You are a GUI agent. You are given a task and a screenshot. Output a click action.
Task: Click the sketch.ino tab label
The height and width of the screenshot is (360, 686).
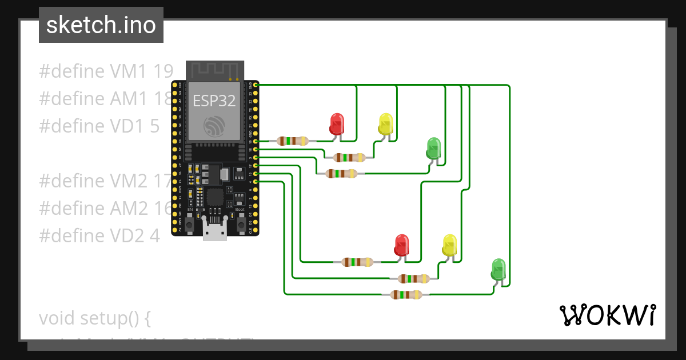tap(101, 25)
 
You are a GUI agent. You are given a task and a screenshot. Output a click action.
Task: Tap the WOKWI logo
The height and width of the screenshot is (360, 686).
tap(607, 315)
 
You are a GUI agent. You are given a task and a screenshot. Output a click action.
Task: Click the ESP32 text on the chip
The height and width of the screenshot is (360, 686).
tap(214, 101)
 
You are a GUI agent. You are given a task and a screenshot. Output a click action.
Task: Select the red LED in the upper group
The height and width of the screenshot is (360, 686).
tap(337, 123)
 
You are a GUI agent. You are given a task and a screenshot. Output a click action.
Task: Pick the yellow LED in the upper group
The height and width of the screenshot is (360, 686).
tap(386, 123)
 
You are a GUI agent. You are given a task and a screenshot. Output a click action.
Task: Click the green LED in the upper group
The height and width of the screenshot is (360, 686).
tap(434, 147)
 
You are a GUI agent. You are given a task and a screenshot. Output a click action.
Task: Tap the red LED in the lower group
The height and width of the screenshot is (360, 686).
tap(402, 245)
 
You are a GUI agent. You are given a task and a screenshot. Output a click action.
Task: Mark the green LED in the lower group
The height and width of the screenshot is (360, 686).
tap(498, 269)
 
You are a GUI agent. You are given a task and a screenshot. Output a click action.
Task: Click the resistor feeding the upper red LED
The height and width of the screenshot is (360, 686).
tap(293, 141)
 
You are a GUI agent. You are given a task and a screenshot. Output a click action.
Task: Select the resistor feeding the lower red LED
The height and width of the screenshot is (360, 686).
tap(357, 262)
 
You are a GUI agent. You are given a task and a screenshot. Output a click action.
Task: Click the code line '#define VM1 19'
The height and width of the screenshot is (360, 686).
tap(106, 71)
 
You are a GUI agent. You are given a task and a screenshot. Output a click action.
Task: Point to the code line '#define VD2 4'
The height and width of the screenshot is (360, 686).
tap(99, 235)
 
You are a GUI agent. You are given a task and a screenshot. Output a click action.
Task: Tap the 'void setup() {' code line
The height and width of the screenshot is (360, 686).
tap(94, 318)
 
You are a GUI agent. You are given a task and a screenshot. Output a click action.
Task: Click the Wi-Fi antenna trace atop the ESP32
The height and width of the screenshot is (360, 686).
tap(214, 70)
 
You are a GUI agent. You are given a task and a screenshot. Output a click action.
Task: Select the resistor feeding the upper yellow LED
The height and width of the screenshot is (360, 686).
tap(349, 157)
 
